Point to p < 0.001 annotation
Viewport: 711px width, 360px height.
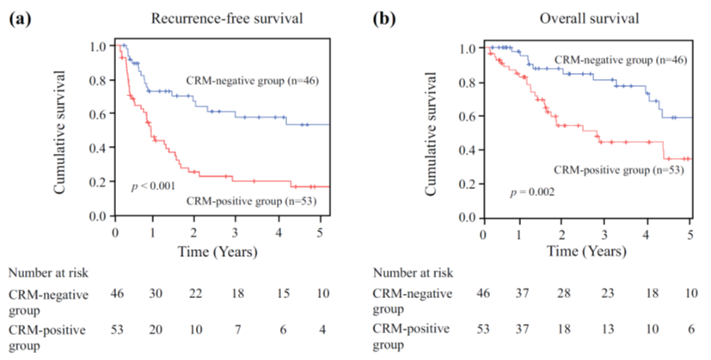[x=154, y=186]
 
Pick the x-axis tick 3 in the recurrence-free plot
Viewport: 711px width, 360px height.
[x=236, y=232]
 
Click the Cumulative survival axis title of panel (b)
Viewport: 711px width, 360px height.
[x=438, y=130]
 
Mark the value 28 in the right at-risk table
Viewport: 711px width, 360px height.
[x=563, y=295]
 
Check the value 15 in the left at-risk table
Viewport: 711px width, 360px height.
[x=278, y=295]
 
